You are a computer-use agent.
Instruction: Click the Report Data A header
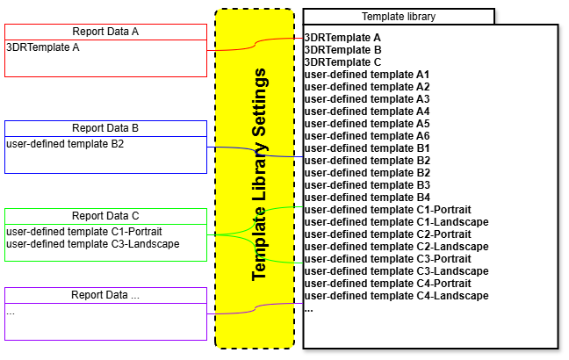pyautogui.click(x=105, y=32)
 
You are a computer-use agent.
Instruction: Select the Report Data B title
pyautogui.click(x=105, y=128)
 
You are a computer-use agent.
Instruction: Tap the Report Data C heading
pyautogui.click(x=105, y=216)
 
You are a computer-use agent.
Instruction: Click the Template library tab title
pyautogui.click(x=399, y=17)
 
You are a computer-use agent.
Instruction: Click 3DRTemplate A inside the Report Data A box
pyautogui.click(x=43, y=47)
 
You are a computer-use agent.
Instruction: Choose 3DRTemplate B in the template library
pyautogui.click(x=342, y=50)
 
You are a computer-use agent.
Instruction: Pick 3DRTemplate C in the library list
pyautogui.click(x=342, y=62)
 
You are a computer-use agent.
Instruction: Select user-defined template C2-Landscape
pyautogui.click(x=396, y=247)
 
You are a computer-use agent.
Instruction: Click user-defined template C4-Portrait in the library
pyautogui.click(x=387, y=284)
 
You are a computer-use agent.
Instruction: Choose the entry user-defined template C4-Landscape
pyautogui.click(x=396, y=296)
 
